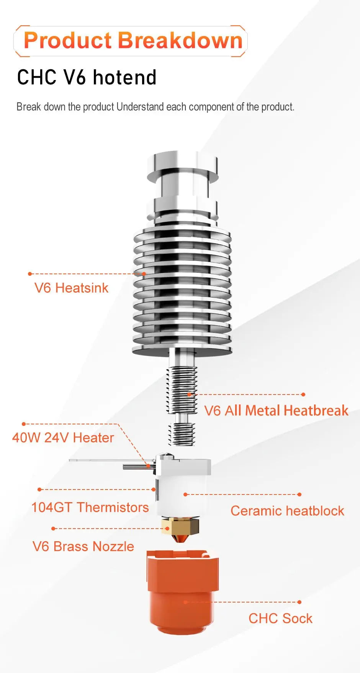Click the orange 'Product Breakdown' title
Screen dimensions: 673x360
tap(133, 41)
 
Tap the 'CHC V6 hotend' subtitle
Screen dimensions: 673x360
tap(87, 77)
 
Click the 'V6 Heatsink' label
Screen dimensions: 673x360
tap(71, 288)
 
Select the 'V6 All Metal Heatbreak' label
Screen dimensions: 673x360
tap(276, 411)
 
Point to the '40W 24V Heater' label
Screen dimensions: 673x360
tap(63, 438)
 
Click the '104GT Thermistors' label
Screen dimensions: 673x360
tap(90, 508)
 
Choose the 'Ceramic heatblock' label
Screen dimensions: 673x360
tap(287, 511)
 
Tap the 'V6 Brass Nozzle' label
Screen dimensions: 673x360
tap(83, 547)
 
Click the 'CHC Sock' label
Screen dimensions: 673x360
tap(280, 619)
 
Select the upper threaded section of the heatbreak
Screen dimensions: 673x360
tap(182, 389)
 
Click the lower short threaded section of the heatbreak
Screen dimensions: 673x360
tap(182, 434)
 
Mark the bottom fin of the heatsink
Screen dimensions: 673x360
tap(182, 349)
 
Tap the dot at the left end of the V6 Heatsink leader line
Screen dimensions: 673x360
tap(30, 274)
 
